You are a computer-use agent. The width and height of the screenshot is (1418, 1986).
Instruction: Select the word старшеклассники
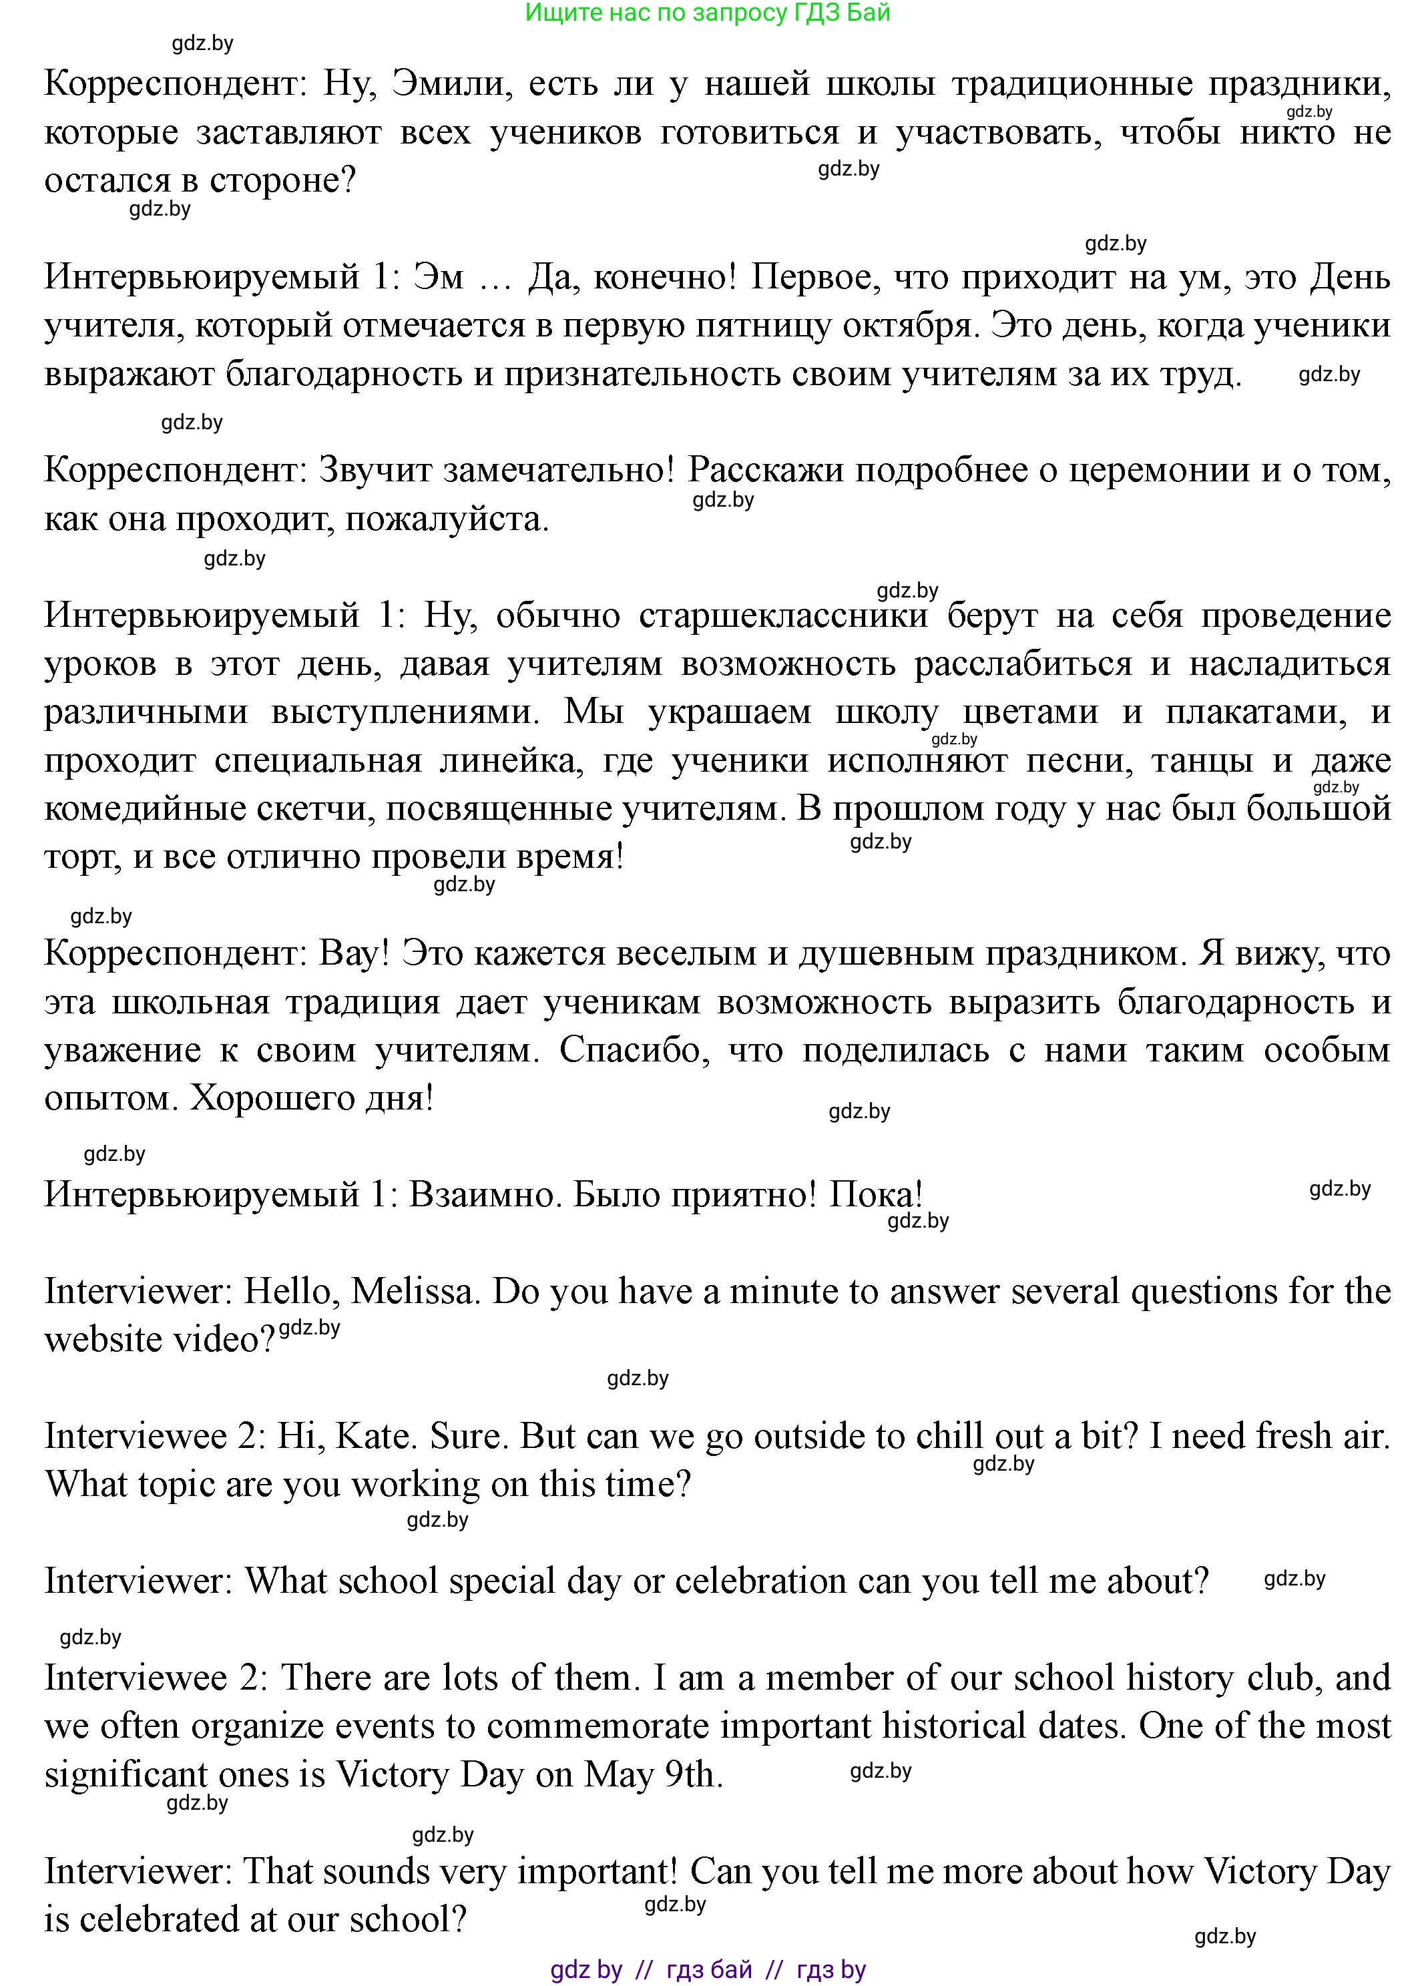click(x=783, y=615)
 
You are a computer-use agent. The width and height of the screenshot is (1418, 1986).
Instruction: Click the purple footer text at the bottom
click(x=708, y=1969)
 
